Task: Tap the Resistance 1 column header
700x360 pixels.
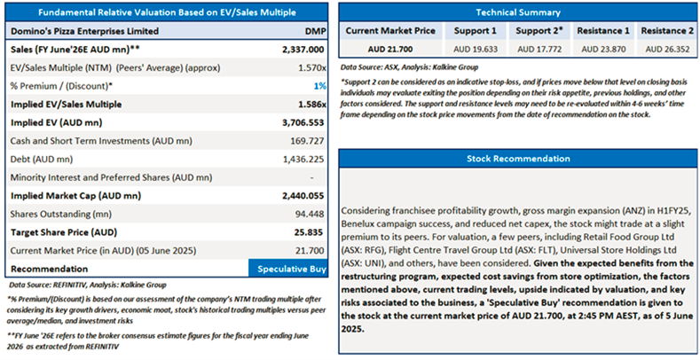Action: point(603,30)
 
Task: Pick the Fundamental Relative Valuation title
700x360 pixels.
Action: point(169,12)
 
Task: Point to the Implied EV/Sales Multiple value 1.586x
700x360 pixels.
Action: point(311,104)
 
